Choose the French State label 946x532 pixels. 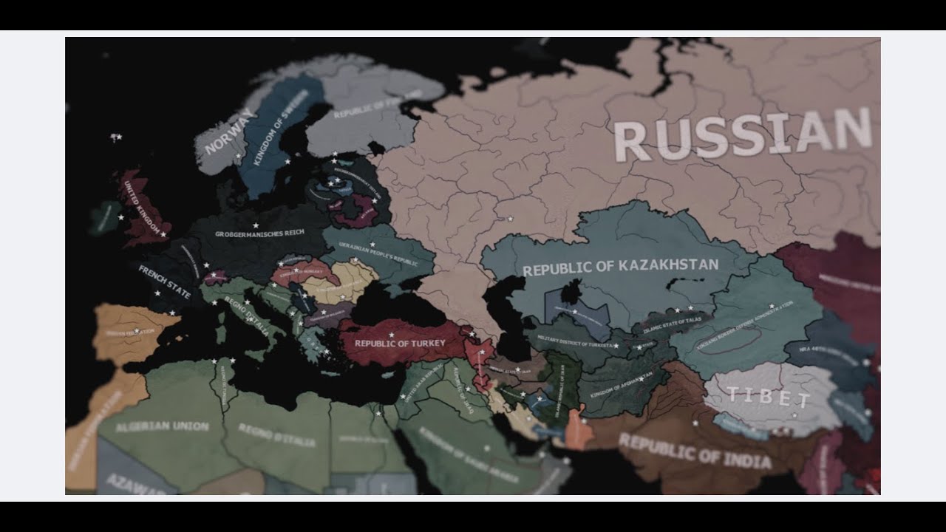[164, 282]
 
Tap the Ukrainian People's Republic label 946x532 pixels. [379, 251]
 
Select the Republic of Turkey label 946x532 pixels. [400, 344]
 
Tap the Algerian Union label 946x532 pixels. [163, 427]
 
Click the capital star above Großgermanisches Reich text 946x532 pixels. [256, 225]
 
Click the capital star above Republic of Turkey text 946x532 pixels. [392, 335]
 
